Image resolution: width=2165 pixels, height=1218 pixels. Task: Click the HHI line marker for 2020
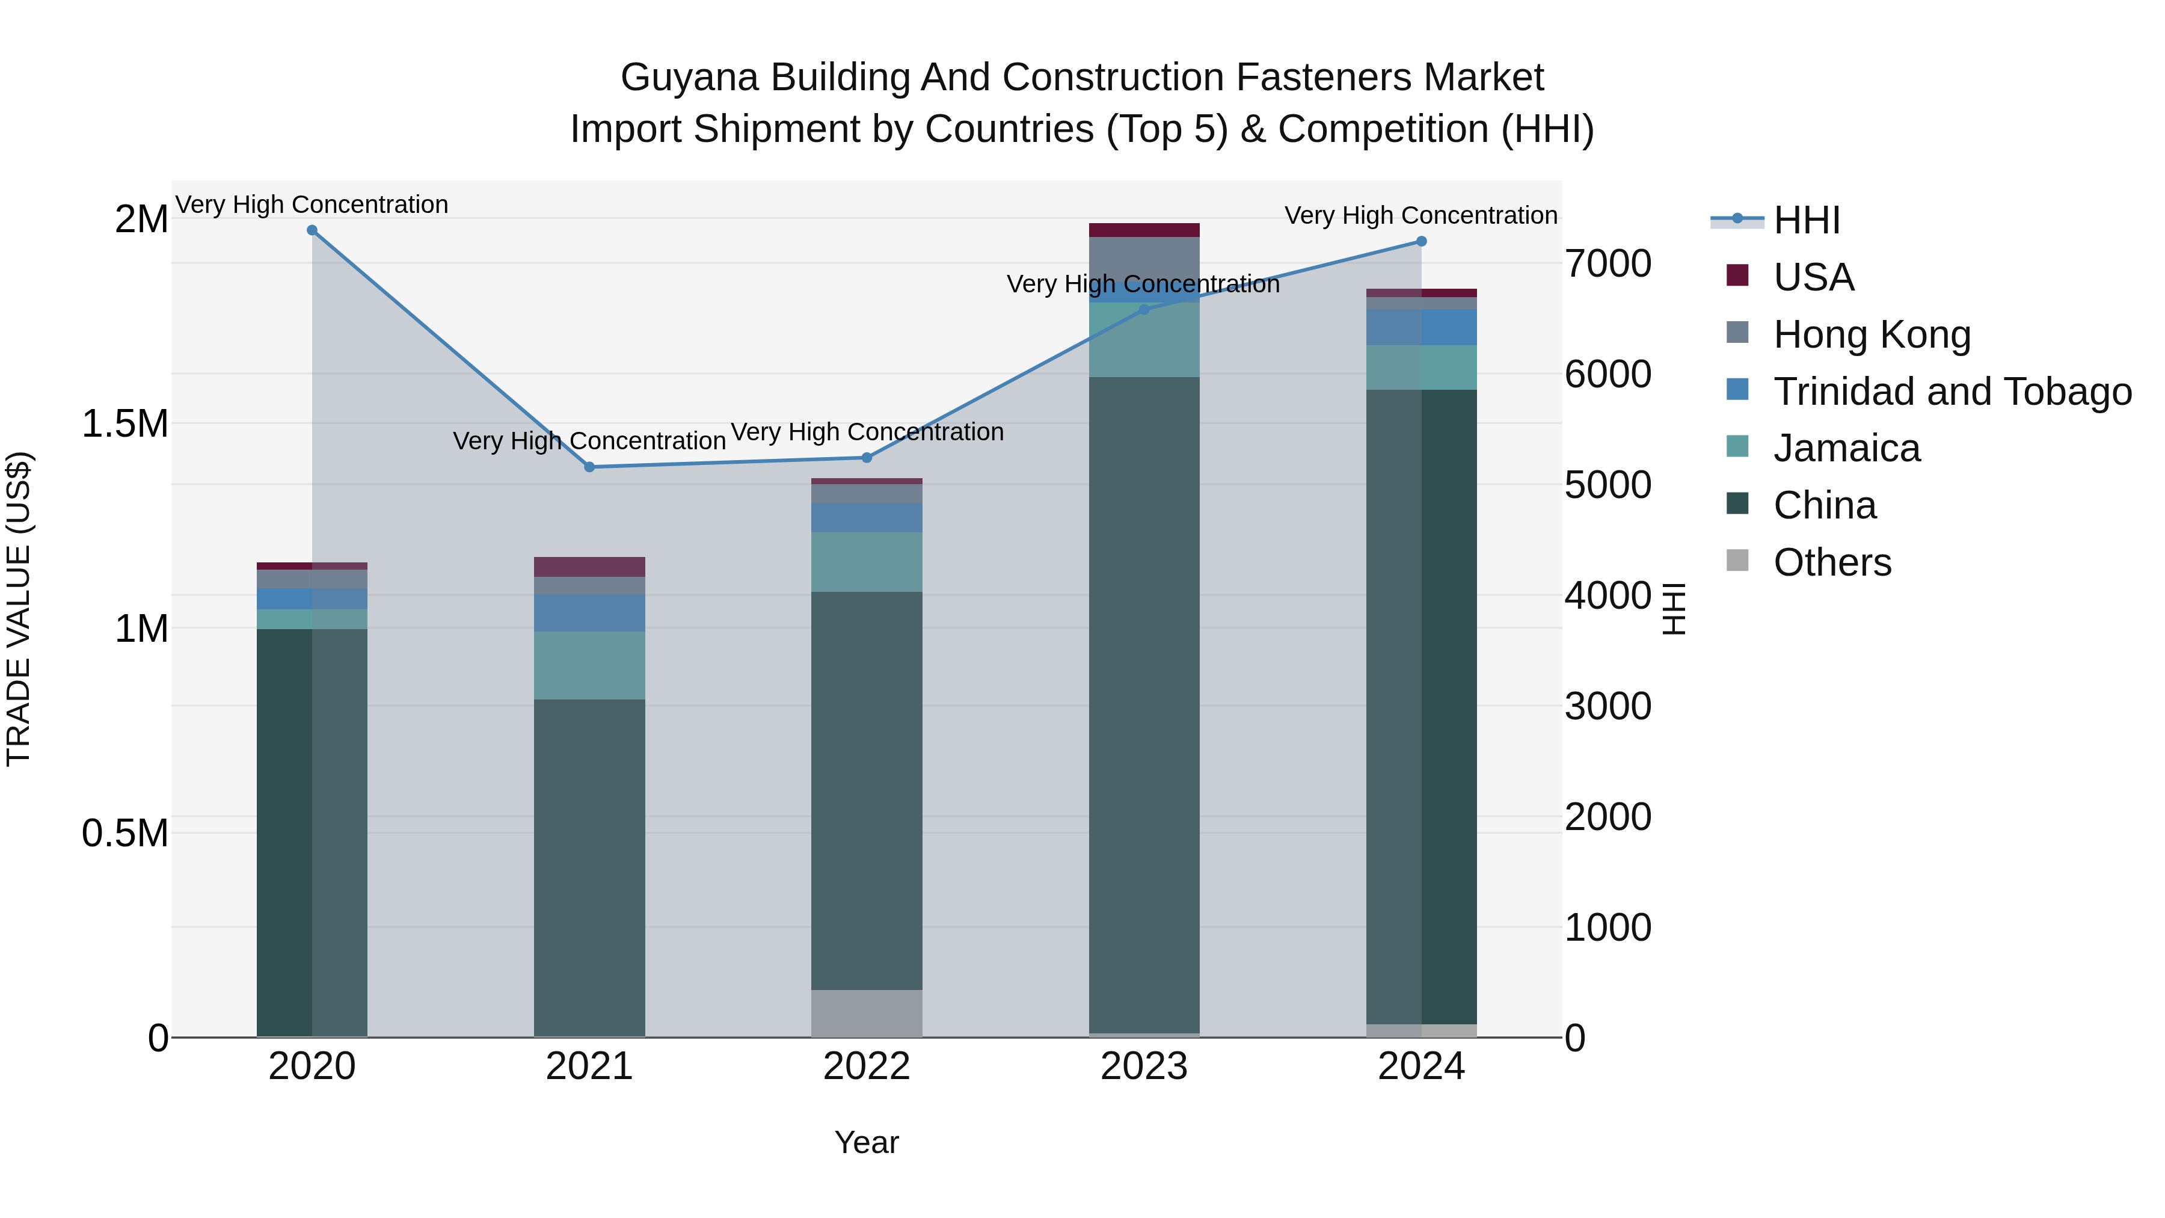click(x=312, y=230)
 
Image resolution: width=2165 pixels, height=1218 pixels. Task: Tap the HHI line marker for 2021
click(x=589, y=467)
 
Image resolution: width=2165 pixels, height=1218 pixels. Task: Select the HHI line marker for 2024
click(x=1421, y=241)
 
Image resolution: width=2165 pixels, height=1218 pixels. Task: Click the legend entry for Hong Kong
click(x=1872, y=334)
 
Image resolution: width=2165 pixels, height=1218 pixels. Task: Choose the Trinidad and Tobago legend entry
click(x=1952, y=392)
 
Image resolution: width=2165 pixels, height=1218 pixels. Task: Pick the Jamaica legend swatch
click(x=1737, y=446)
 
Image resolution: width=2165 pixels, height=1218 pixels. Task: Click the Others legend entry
click(x=1832, y=562)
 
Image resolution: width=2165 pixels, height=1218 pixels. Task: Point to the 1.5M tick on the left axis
click(x=125, y=423)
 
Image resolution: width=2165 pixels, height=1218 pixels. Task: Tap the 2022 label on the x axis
click(x=867, y=1066)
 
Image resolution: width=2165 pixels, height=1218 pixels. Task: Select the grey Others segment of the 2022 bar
click(x=867, y=1013)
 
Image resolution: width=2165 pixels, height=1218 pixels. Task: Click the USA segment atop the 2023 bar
click(x=1144, y=230)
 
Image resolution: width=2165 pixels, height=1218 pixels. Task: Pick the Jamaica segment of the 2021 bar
click(x=589, y=665)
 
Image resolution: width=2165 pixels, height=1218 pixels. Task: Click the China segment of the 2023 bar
click(x=1144, y=706)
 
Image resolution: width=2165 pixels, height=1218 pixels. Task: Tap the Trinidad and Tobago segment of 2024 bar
click(x=1421, y=327)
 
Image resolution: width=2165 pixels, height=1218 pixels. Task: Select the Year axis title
click(x=867, y=1142)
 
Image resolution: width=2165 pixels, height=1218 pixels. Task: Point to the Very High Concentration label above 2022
click(x=867, y=432)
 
